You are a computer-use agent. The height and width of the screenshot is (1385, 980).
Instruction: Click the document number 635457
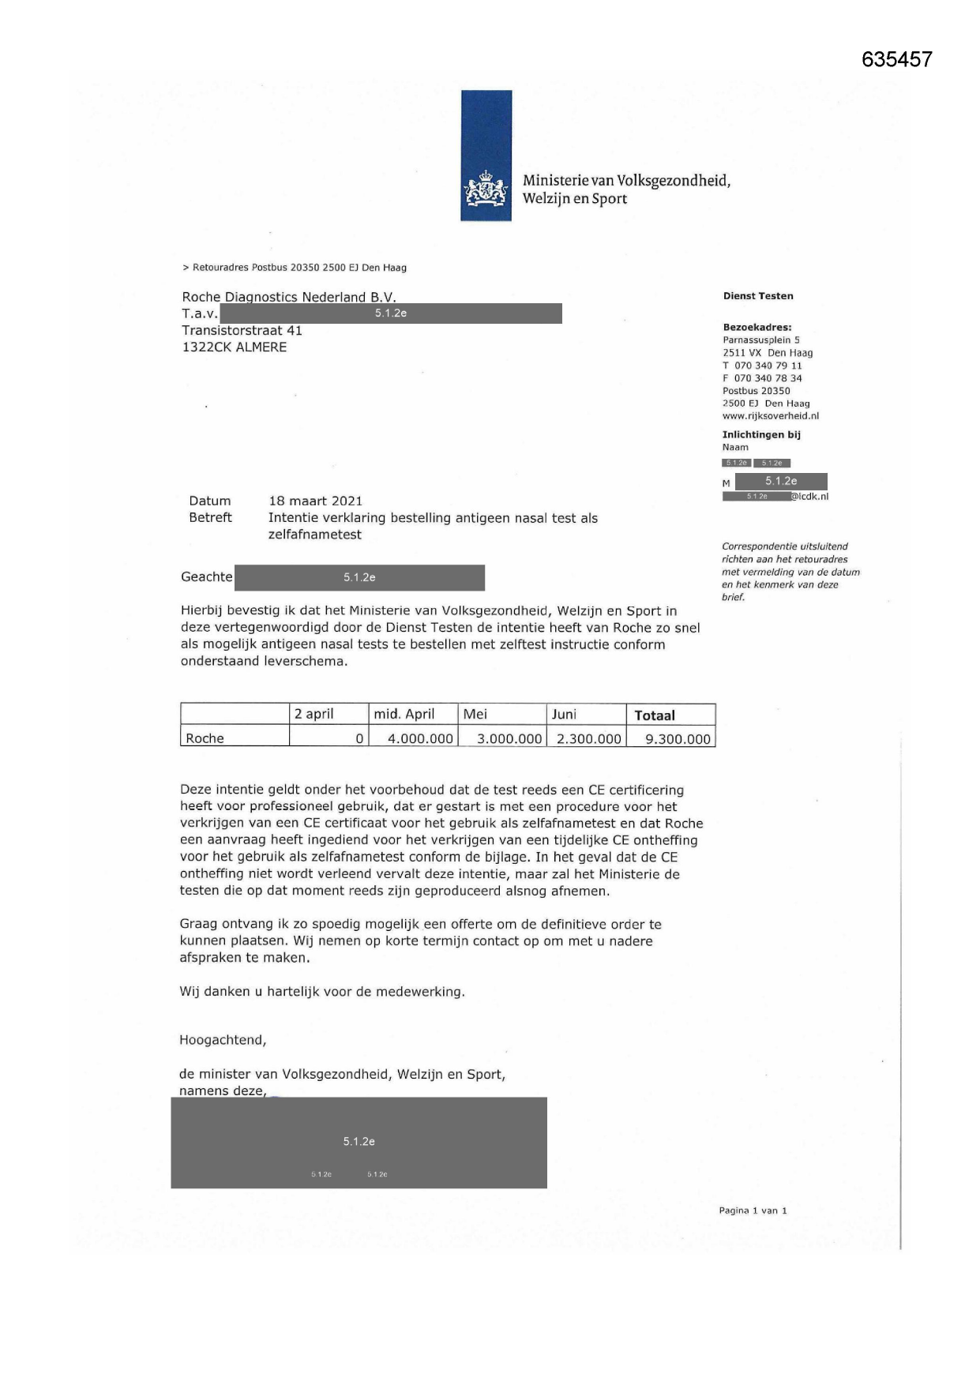[x=896, y=59]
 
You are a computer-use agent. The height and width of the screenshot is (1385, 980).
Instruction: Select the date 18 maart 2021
[x=315, y=501]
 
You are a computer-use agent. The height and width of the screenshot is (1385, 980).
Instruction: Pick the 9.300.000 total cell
[x=678, y=739]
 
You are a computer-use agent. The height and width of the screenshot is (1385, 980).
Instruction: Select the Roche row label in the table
[x=205, y=738]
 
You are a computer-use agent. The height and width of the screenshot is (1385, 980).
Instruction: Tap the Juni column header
[x=564, y=714]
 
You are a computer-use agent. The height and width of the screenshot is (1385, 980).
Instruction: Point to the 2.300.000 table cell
[x=589, y=739]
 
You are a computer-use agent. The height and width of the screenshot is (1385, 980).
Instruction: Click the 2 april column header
[x=314, y=714]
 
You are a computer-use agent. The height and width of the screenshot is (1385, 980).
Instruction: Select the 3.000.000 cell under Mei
[x=509, y=739]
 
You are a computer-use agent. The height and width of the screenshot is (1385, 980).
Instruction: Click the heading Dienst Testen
[x=757, y=296]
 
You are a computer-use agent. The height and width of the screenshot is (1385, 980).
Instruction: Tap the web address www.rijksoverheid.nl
[x=770, y=416]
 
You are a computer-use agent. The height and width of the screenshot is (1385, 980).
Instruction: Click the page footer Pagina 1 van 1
[x=753, y=1210]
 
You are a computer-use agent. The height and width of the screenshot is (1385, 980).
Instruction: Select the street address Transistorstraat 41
[x=242, y=330]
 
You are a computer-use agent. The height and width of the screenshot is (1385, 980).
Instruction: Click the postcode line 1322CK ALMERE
[x=234, y=347]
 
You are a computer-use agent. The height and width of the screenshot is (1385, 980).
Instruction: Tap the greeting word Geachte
[x=206, y=576]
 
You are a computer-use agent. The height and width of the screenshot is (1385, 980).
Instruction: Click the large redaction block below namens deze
[x=359, y=1142]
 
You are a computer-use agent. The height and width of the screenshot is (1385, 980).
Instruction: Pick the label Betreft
[x=210, y=517]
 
